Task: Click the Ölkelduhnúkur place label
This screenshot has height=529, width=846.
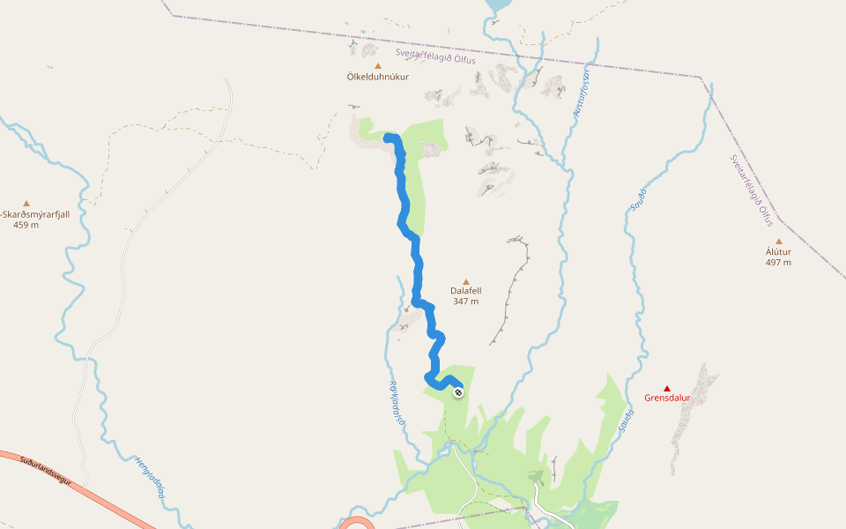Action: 378,77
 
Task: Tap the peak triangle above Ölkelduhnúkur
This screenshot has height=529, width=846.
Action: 378,65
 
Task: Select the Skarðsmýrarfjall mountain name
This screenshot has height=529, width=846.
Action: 36,214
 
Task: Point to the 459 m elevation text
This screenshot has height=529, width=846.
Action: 26,225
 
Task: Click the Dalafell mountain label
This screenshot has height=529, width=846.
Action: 466,290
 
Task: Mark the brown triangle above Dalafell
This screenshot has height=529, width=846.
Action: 466,281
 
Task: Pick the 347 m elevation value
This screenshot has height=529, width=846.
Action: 466,302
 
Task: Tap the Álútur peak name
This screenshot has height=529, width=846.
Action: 778,251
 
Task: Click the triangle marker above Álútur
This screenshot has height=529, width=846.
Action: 778,241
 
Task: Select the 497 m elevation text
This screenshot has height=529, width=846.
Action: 778,262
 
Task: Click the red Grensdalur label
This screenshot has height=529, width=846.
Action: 667,398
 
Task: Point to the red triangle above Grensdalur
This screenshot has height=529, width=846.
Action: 667,388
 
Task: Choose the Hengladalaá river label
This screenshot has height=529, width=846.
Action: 151,477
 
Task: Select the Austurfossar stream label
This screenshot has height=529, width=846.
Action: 581,93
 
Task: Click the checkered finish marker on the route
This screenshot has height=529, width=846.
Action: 458,391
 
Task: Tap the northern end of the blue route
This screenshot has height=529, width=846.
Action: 388,137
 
